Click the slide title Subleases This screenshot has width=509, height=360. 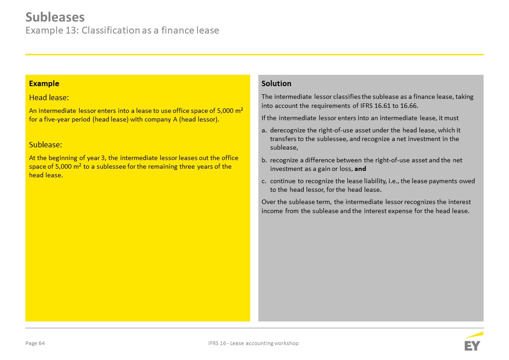coord(55,17)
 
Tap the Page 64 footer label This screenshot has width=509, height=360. coord(35,343)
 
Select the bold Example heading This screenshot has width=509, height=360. coord(44,83)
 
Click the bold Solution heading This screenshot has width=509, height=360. coord(276,83)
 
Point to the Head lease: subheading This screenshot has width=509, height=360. coord(49,97)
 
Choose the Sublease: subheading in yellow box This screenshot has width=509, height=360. coord(45,145)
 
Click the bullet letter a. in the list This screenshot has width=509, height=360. coord(264,130)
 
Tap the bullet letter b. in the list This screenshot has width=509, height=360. coord(264,160)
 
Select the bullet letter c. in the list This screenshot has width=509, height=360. coord(264,181)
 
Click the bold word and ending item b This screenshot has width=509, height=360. coord(360,169)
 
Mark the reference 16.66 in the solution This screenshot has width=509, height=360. coord(408,106)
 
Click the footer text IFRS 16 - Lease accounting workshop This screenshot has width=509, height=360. coord(250,343)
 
